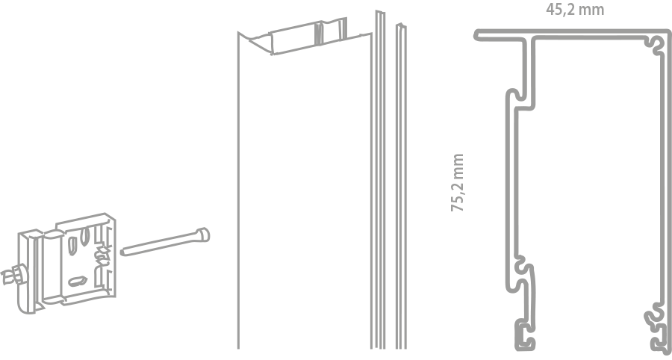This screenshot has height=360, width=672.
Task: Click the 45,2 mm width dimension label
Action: (x=575, y=10)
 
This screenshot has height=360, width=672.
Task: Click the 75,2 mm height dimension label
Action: (x=458, y=182)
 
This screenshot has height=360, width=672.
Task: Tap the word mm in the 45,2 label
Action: (x=593, y=10)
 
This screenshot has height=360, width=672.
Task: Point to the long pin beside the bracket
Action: (x=165, y=242)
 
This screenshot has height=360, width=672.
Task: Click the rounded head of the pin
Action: (x=203, y=235)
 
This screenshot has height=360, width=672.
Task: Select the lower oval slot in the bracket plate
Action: (x=78, y=281)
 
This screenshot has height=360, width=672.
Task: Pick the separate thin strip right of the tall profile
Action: (x=401, y=187)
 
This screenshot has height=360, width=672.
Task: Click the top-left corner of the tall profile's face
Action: (x=238, y=33)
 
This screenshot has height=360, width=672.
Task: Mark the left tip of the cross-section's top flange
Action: (x=476, y=36)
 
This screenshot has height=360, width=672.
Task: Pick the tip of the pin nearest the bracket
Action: (x=122, y=252)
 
